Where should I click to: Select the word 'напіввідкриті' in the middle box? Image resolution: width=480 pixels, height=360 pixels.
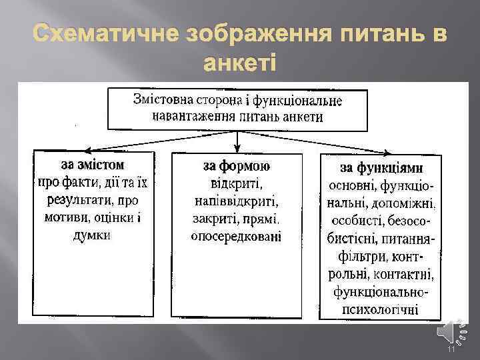pyautogui.click(x=237, y=201)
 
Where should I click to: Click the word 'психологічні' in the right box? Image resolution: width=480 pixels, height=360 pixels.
pyautogui.click(x=381, y=309)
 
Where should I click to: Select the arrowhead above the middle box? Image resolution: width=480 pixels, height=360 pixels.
pyautogui.click(x=238, y=147)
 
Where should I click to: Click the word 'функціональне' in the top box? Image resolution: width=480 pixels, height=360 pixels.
pyautogui.click(x=307, y=101)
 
